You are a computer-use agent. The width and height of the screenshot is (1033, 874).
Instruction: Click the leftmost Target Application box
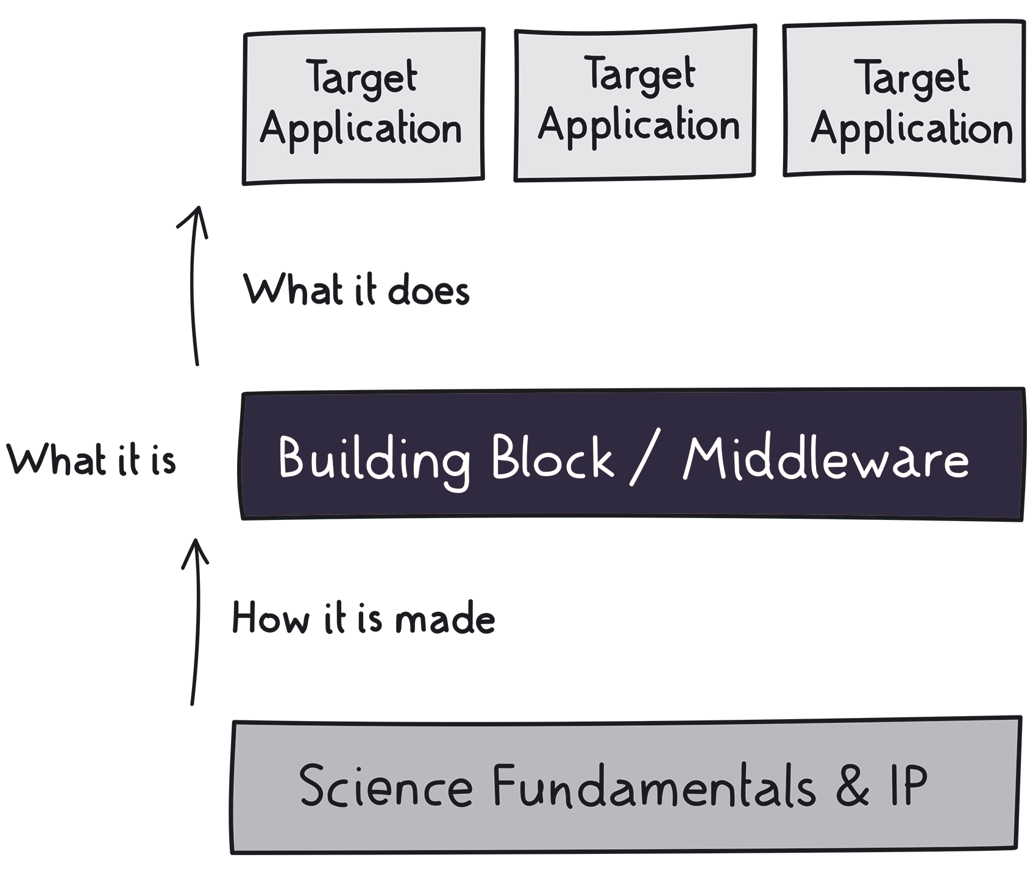pyautogui.click(x=364, y=106)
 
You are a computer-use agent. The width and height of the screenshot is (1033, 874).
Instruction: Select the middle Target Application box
pyautogui.click(x=636, y=103)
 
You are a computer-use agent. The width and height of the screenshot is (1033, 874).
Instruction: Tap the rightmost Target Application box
pyautogui.click(x=904, y=101)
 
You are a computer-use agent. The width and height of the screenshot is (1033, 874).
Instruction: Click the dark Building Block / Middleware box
pyautogui.click(x=632, y=455)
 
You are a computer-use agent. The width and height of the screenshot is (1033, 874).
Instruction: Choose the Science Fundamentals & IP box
pyautogui.click(x=626, y=785)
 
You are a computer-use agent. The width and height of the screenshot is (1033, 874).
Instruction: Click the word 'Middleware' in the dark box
pyautogui.click(x=826, y=458)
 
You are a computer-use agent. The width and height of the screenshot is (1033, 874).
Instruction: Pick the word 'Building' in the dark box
pyautogui.click(x=374, y=461)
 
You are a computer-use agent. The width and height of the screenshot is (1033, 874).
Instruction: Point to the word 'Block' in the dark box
pyautogui.click(x=552, y=457)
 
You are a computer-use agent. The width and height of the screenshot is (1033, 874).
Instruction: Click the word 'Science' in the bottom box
pyautogui.click(x=386, y=785)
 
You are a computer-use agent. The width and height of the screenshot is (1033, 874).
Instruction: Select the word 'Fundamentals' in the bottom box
pyautogui.click(x=654, y=785)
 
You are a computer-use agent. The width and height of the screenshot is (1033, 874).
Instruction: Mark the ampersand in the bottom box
pyautogui.click(x=852, y=785)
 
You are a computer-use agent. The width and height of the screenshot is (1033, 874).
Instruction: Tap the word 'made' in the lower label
pyautogui.click(x=445, y=619)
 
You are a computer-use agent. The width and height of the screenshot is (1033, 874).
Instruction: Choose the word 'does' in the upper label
pyautogui.click(x=429, y=290)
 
